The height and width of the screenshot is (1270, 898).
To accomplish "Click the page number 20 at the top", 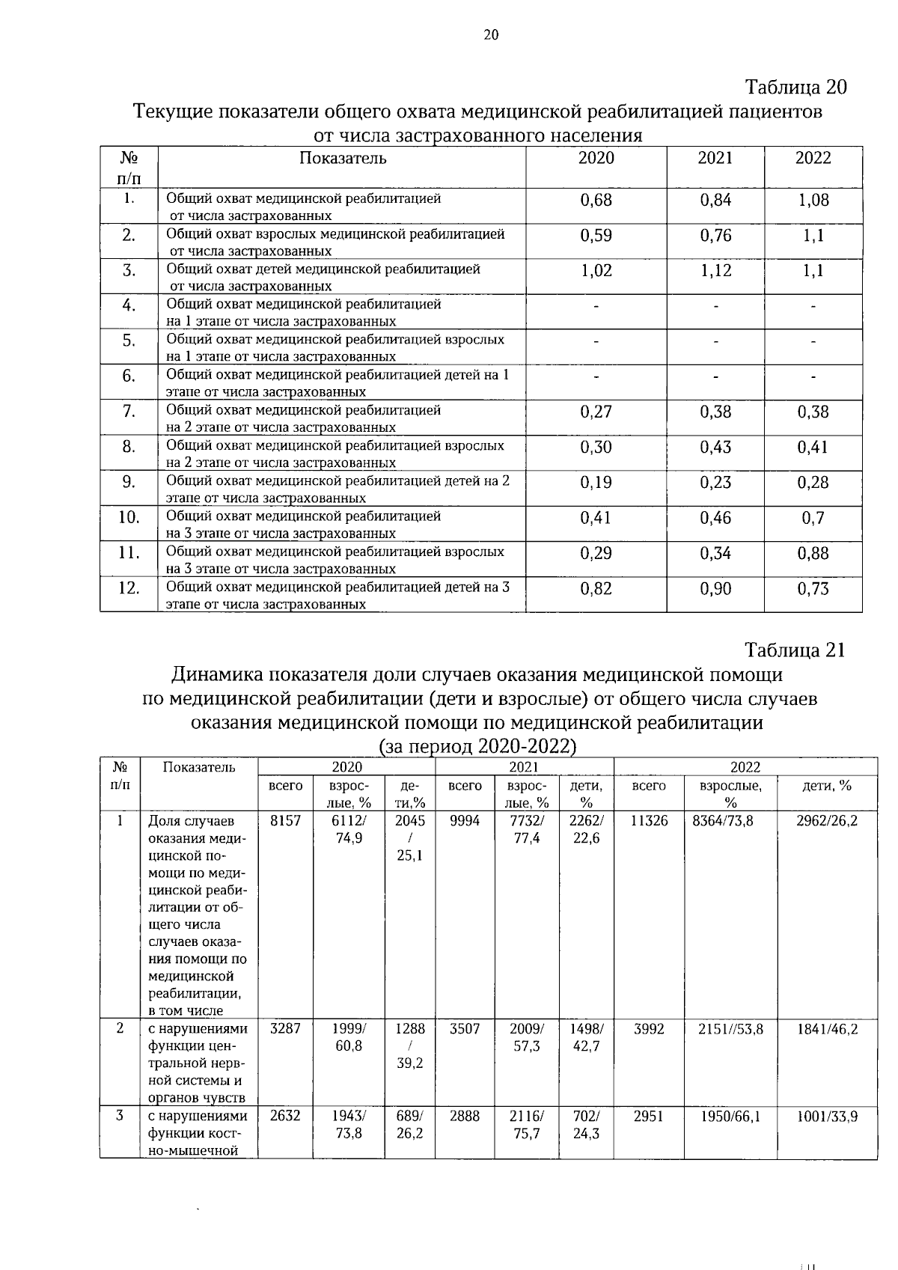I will coord(491,34).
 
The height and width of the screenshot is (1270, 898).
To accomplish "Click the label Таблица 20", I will coord(796,88).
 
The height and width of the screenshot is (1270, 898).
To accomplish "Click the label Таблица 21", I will coord(795,650).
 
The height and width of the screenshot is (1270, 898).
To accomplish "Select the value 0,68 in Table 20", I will coord(596,201).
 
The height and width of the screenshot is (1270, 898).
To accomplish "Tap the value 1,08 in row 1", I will coord(813,201).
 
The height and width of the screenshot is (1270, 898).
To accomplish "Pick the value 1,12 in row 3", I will coord(715,271).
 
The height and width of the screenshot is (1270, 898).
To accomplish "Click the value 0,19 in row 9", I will coord(596,483).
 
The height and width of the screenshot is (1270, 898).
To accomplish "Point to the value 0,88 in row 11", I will coord(813,554).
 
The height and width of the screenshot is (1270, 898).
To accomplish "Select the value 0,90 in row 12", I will coord(715,589).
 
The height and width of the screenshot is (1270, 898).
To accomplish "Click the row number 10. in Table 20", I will coord(129,518).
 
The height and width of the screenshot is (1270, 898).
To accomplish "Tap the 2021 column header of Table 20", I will coord(715,158).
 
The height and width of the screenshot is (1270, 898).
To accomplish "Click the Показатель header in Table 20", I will coord(343,158).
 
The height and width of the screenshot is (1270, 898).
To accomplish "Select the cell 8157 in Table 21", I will coord(285,820).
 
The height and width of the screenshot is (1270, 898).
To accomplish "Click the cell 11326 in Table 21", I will coord(649,820).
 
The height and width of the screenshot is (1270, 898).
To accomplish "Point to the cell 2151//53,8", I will coord(730,1029).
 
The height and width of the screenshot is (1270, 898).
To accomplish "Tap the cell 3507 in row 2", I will coord(465,1029).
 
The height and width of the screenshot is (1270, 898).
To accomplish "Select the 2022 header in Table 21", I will coord(745,767).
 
